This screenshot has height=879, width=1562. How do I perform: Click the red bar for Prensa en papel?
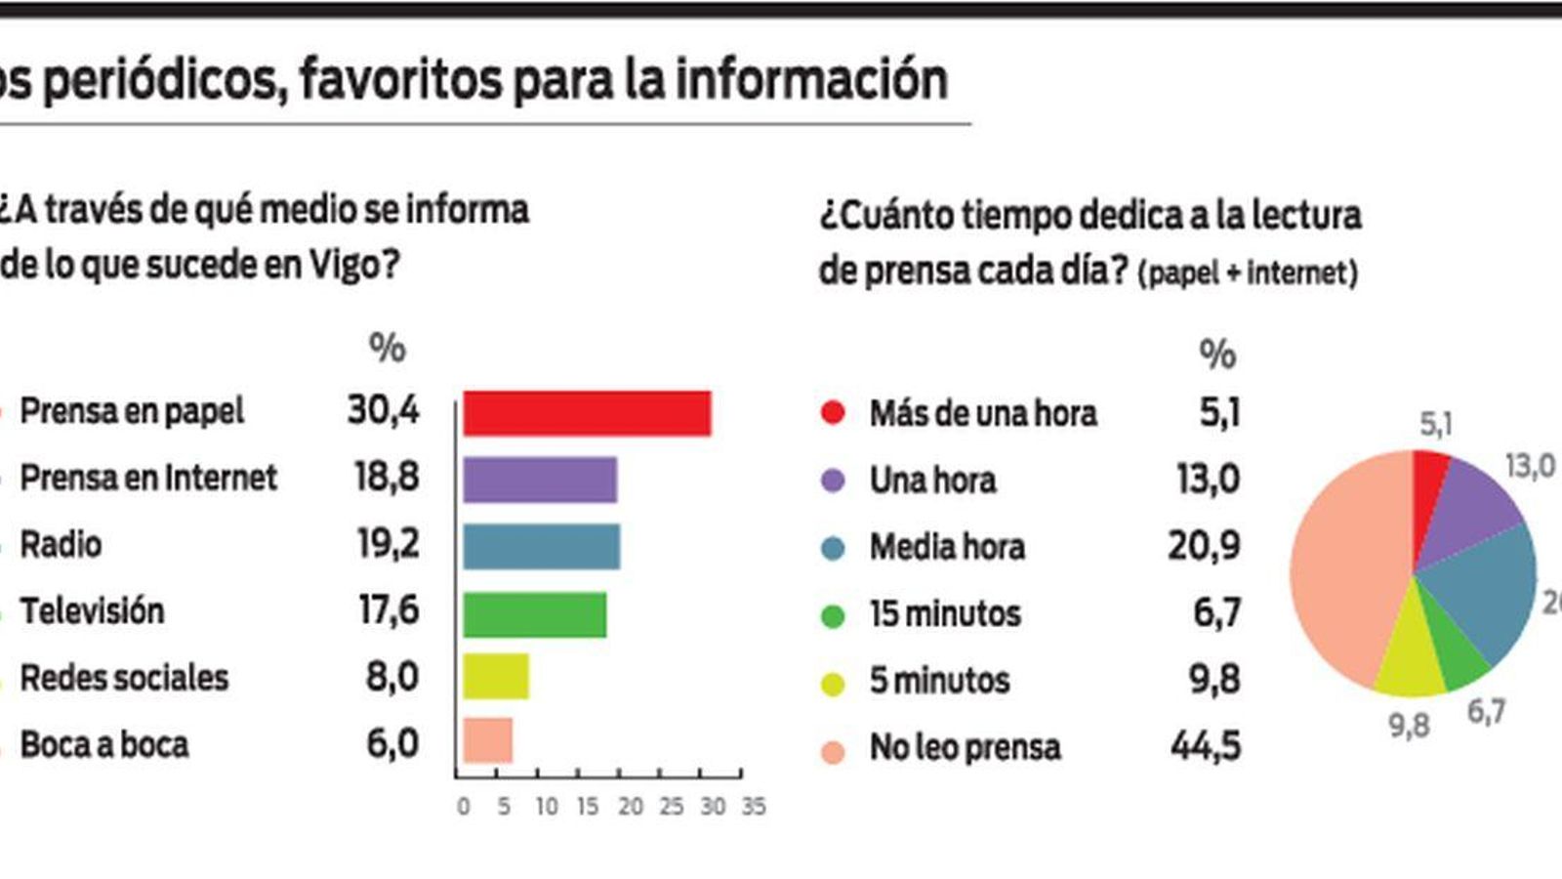[587, 413]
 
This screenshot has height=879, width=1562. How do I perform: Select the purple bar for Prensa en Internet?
[540, 480]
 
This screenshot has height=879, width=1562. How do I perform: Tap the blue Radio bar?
[541, 547]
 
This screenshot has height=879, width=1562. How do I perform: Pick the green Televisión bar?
[534, 614]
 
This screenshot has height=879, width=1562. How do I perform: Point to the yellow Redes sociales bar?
[496, 677]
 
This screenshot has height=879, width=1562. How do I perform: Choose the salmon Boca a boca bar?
[487, 740]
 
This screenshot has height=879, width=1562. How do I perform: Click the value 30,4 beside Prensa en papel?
[383, 410]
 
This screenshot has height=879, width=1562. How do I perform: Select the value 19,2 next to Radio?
[388, 544]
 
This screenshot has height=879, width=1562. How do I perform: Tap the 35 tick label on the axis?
[753, 807]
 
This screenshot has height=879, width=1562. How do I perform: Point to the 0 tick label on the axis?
[463, 807]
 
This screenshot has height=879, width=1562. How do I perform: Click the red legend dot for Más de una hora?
[833, 412]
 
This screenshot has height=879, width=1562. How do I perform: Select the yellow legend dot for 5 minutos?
[833, 683]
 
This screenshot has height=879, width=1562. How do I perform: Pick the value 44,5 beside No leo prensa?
[1206, 747]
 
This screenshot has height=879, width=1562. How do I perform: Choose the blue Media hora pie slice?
[1484, 586]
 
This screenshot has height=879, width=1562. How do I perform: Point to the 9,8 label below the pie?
[1409, 726]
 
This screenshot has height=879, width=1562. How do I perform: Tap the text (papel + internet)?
[1248, 272]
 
